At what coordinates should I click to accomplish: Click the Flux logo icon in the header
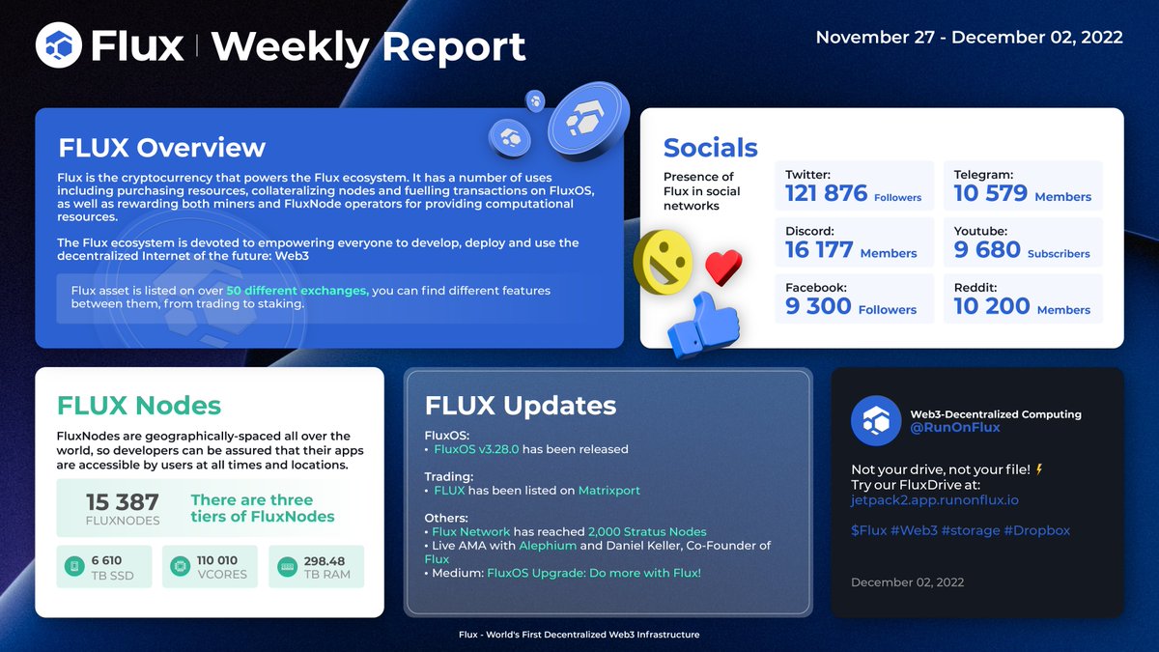pyautogui.click(x=59, y=44)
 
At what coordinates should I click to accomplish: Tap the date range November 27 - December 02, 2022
pyautogui.click(x=969, y=38)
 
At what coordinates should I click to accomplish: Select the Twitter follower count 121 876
pyautogui.click(x=826, y=193)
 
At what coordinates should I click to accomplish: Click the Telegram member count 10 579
pyautogui.click(x=989, y=193)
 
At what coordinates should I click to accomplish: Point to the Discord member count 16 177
pyautogui.click(x=819, y=250)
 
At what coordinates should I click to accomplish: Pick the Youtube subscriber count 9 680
pyautogui.click(x=987, y=250)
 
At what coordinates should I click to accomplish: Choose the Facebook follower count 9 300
pyautogui.click(x=818, y=306)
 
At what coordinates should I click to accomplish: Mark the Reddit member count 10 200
pyautogui.click(x=990, y=306)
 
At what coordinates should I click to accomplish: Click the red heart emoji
pyautogui.click(x=721, y=267)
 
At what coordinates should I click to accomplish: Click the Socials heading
pyautogui.click(x=710, y=148)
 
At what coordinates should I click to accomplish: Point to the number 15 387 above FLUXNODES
pyautogui.click(x=123, y=502)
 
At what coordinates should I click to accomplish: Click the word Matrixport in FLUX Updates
pyautogui.click(x=608, y=491)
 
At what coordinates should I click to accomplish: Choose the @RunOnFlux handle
pyautogui.click(x=954, y=427)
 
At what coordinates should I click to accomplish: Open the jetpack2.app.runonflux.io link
pyautogui.click(x=934, y=500)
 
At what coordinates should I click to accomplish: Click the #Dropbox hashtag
pyautogui.click(x=1035, y=530)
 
